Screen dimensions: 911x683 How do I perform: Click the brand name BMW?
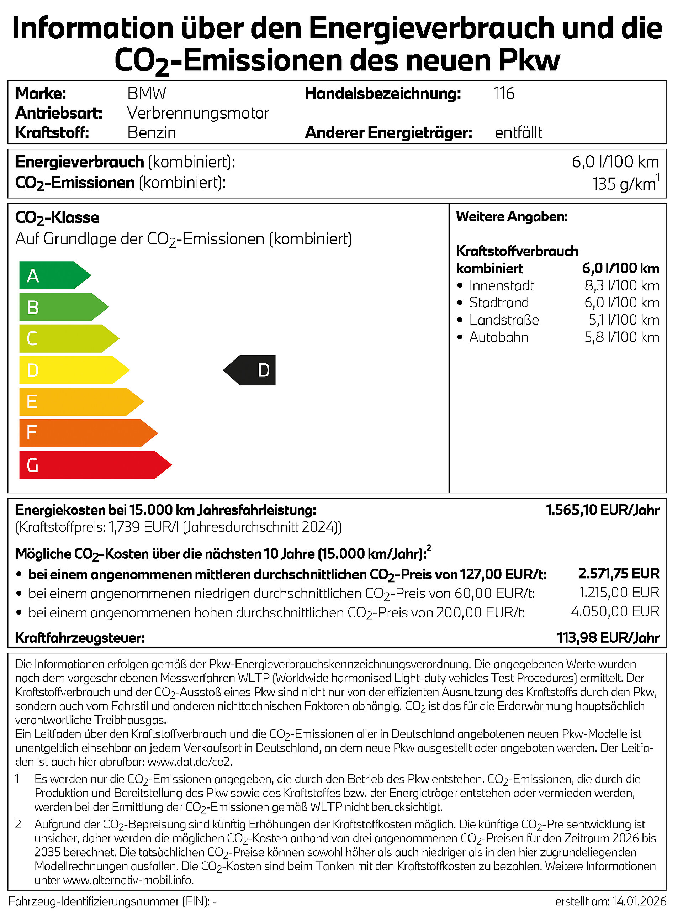click(x=147, y=94)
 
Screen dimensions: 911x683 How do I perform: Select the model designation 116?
click(x=504, y=94)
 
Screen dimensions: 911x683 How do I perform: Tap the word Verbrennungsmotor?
click(x=198, y=113)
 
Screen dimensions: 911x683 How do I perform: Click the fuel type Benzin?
click(x=152, y=133)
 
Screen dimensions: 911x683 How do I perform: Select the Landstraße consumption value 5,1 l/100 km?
click(x=624, y=320)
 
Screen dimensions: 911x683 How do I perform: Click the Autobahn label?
click(x=499, y=337)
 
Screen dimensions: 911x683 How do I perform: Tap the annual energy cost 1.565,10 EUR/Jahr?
click(x=602, y=510)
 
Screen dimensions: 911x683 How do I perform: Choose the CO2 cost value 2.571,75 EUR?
click(x=619, y=573)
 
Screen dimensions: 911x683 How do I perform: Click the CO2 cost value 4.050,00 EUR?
click(x=615, y=611)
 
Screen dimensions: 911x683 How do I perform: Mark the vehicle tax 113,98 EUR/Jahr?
click(x=608, y=638)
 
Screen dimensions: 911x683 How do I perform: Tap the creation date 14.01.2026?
click(x=639, y=901)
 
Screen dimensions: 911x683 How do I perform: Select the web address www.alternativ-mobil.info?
click(x=128, y=880)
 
